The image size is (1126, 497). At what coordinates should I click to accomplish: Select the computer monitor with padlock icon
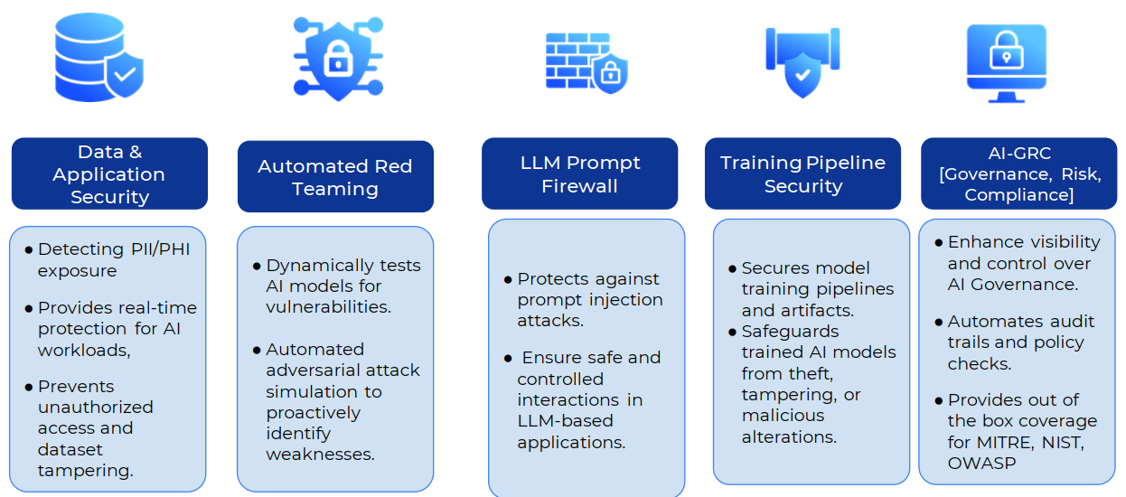coord(1006,63)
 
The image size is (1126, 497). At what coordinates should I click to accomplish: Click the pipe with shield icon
coord(802,61)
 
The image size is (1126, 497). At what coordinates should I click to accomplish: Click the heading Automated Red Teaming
coord(335,177)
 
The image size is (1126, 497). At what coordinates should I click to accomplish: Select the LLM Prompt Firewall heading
coord(580,173)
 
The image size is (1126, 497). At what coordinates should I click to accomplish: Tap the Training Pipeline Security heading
coord(802,173)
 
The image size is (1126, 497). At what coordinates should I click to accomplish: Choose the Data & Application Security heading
coord(109,173)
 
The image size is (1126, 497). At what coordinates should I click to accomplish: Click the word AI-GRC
coord(1019,153)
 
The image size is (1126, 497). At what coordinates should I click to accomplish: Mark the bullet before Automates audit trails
coord(938,322)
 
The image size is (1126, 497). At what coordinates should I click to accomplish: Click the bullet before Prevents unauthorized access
coord(28,387)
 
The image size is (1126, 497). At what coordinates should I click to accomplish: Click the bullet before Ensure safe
coord(508,359)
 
